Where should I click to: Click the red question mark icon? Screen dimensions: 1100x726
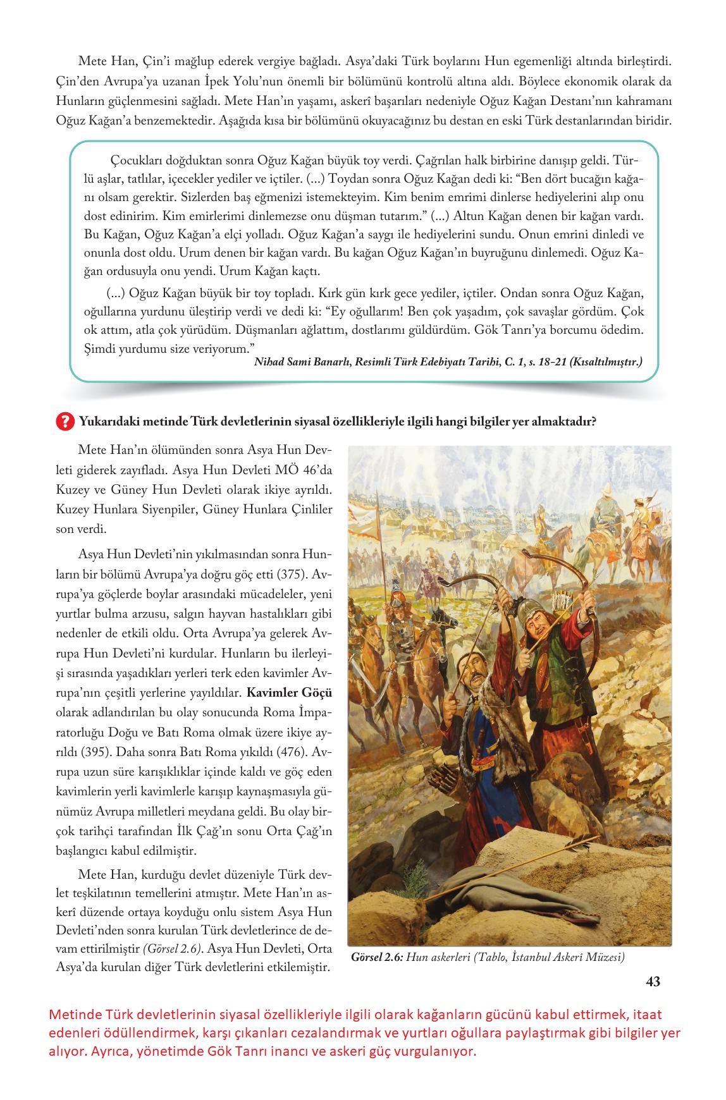coord(65,421)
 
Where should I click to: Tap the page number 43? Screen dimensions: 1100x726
coord(653,981)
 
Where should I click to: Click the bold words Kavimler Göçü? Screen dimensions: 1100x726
coord(289,692)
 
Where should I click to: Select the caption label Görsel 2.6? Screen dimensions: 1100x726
coord(377,957)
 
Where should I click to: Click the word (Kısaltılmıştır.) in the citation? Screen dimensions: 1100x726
coord(606,362)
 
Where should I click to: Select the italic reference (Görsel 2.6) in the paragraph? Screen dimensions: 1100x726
coord(173,949)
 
